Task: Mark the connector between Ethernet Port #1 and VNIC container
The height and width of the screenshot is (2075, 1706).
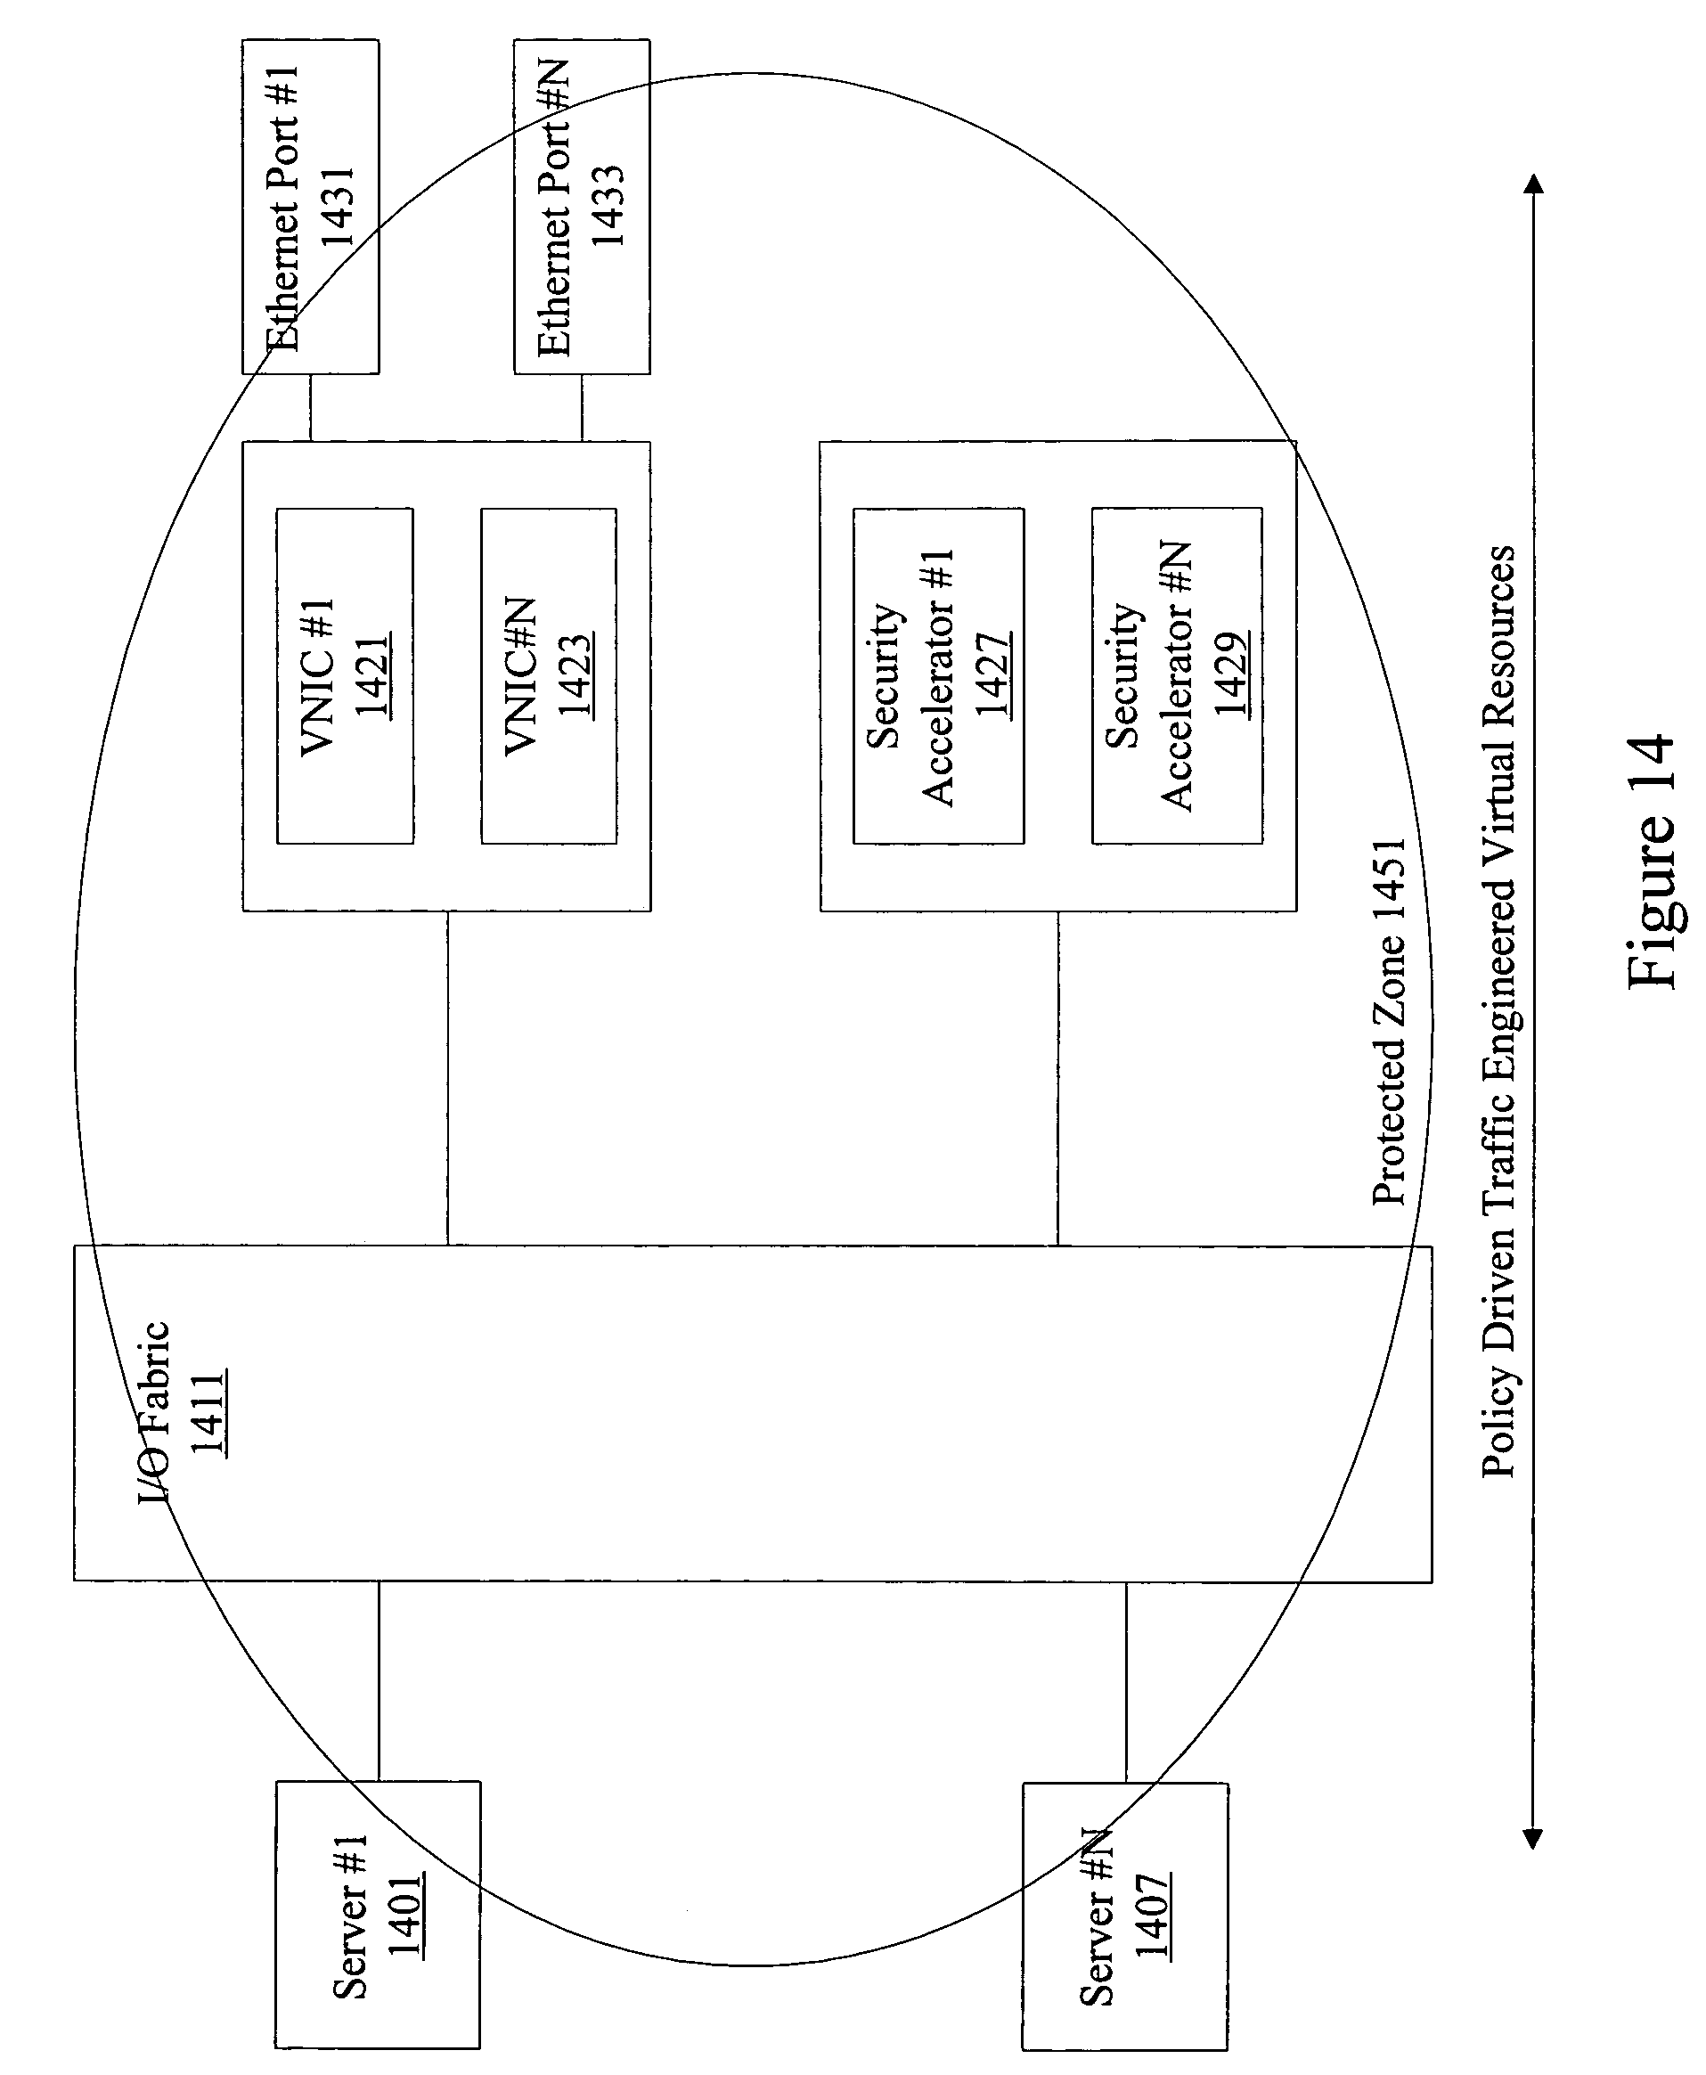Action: click(x=311, y=408)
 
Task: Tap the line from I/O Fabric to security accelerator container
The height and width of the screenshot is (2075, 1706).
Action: click(x=1058, y=1078)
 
